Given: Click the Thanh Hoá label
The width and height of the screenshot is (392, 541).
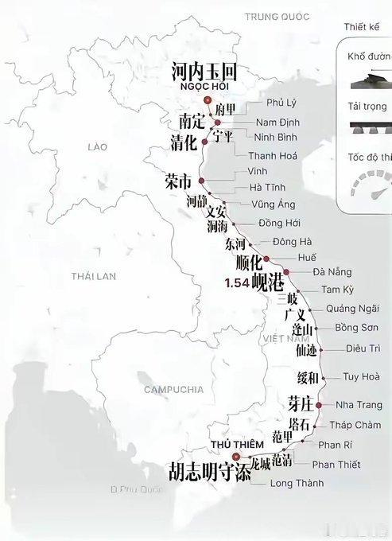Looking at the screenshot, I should click(x=273, y=156).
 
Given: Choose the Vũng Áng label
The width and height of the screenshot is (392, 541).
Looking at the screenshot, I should click(x=273, y=204).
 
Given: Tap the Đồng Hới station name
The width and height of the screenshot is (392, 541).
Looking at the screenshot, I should click(x=279, y=223).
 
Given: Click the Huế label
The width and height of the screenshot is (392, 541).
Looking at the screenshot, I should click(x=306, y=258).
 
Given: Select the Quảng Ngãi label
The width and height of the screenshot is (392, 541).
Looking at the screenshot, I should click(x=347, y=309).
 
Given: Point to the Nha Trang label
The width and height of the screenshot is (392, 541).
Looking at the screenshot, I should click(x=359, y=405).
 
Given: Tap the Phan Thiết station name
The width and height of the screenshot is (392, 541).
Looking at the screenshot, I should click(x=336, y=465).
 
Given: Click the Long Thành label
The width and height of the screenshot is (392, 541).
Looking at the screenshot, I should click(x=297, y=483).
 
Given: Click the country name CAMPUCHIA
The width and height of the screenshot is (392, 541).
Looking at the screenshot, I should click(x=175, y=389).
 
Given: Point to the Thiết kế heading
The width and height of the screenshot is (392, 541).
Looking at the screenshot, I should click(x=362, y=26).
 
